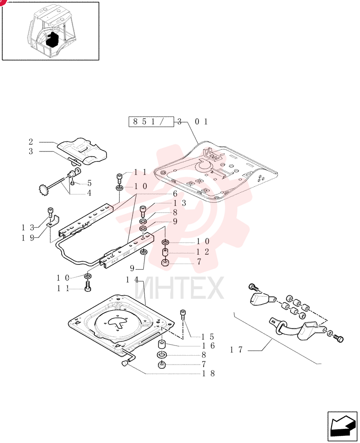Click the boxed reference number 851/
148,121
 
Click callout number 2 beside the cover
31,142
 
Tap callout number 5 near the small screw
90,183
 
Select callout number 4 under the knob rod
89,193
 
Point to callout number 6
175,194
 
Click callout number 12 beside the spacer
203,252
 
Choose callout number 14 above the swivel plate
132,280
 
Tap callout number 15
207,337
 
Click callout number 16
208,346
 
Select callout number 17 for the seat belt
236,350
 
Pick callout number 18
208,373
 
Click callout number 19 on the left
28,238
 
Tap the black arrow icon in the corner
342,426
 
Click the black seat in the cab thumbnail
52,39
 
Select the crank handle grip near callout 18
125,364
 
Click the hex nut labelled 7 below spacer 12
165,263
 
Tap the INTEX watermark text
179,288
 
